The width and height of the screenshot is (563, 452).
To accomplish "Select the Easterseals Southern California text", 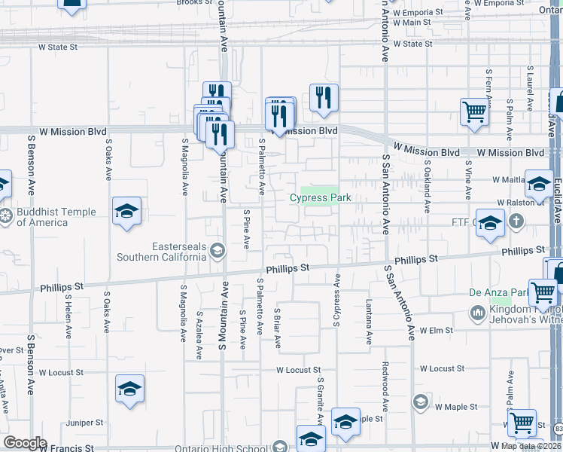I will click(x=160, y=251).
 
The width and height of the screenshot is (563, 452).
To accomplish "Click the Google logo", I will click(x=26, y=442).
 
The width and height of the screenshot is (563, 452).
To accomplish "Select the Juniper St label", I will click(x=84, y=423).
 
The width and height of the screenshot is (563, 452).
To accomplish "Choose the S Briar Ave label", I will click(x=278, y=328).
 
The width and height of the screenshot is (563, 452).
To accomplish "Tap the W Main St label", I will click(x=410, y=23).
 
